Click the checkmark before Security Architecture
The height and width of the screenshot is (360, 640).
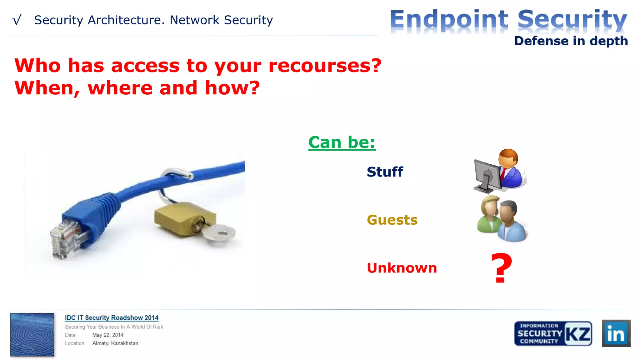(x=17, y=20)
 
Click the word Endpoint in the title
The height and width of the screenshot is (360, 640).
(x=449, y=20)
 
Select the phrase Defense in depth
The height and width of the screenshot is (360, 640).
(x=571, y=41)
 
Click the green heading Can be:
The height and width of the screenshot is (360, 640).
(x=342, y=142)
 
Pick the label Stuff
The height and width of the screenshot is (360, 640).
(x=385, y=172)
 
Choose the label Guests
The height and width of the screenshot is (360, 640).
(x=392, y=220)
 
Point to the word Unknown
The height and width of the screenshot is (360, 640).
(x=402, y=268)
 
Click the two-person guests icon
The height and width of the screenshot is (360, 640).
(x=501, y=219)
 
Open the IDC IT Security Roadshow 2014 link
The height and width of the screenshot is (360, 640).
(x=112, y=318)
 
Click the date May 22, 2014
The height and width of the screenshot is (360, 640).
(x=107, y=335)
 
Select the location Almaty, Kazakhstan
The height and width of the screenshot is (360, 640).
(x=115, y=343)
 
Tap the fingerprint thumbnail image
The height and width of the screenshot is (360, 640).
(x=32, y=334)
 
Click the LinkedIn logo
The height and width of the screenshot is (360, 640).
(x=616, y=333)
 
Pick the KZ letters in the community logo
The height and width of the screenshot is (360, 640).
(x=578, y=333)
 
